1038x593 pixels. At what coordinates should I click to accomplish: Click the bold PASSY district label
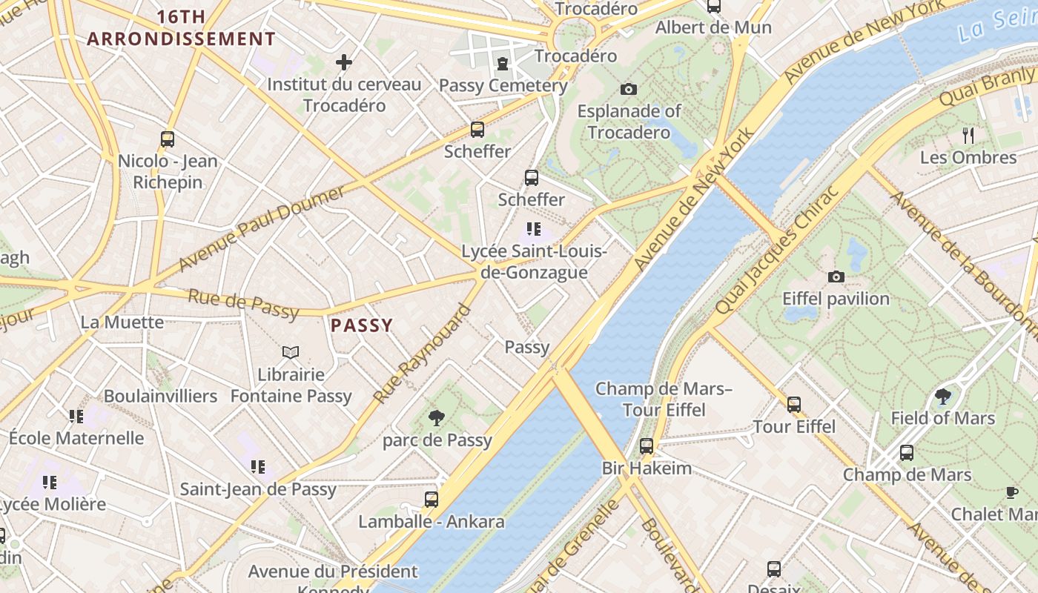point(362,325)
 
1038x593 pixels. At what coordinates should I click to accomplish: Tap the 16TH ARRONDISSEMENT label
point(182,28)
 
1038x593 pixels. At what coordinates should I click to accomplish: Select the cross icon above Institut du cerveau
point(344,62)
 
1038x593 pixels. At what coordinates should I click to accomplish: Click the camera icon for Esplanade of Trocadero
point(629,90)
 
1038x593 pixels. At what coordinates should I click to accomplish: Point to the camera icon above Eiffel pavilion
point(836,277)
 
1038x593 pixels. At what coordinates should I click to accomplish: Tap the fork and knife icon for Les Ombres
point(968,135)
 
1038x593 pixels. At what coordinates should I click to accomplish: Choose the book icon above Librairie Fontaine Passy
point(291,352)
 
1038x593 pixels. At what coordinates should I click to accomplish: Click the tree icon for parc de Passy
point(437,418)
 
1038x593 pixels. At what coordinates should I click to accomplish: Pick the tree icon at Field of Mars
point(942,396)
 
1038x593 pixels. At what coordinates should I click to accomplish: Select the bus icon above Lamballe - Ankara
point(432,499)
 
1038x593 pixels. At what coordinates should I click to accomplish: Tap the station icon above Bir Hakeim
point(647,445)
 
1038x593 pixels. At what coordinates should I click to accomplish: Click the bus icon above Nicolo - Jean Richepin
point(168,139)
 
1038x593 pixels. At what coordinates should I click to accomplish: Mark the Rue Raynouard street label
point(422,354)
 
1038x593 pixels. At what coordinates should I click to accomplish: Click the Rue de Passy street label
point(243,303)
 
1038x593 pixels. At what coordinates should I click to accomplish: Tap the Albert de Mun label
point(713,28)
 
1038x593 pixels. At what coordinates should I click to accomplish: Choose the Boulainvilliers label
point(160,396)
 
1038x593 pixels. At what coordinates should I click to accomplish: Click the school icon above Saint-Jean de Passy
point(258,467)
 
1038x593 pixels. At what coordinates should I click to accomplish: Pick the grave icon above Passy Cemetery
point(503,64)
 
